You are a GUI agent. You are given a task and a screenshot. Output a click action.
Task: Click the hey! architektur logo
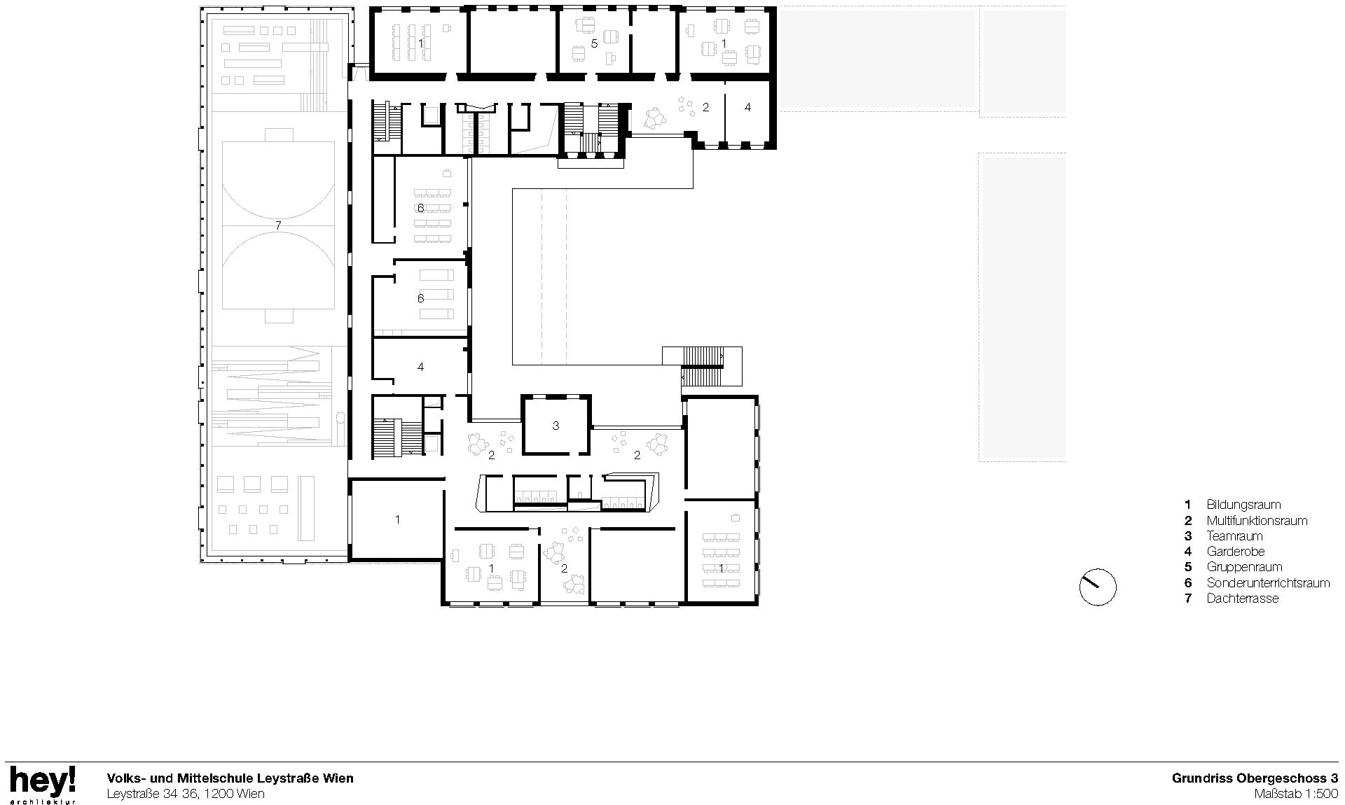42,784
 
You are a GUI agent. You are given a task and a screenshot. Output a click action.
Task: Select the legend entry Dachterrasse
1241,598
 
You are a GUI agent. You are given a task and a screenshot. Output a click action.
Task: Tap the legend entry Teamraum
1234,536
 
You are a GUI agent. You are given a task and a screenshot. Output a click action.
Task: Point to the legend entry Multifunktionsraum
1256,521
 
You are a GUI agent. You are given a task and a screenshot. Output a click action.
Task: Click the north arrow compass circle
1098,587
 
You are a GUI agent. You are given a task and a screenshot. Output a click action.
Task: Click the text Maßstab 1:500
1296,794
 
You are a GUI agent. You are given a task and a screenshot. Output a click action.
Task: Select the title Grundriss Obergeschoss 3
1255,778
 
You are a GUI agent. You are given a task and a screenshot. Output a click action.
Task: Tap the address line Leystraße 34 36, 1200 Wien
186,794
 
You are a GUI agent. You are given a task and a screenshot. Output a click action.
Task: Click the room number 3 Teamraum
556,426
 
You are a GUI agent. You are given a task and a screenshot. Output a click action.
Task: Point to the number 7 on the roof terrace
278,225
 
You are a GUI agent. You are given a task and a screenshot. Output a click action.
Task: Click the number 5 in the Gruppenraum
594,43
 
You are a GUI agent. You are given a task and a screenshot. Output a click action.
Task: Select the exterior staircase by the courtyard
702,366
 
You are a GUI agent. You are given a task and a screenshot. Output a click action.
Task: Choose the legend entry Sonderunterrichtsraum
1267,583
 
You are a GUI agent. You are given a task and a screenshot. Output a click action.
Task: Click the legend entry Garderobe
1235,552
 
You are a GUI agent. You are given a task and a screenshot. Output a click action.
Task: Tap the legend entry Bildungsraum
1243,505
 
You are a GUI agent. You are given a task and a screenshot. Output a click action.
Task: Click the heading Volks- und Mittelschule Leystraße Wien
230,778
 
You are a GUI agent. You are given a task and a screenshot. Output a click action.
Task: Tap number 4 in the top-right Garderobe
747,107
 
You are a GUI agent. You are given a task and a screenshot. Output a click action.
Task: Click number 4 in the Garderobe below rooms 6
420,367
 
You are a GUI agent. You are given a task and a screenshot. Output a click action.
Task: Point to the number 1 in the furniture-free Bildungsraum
397,519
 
